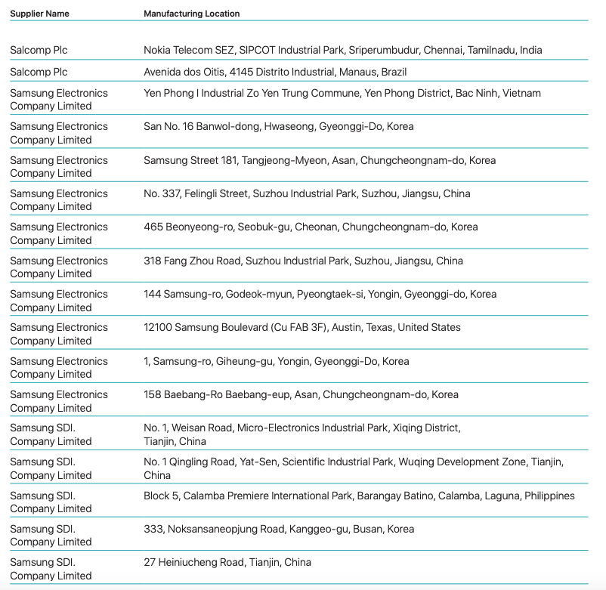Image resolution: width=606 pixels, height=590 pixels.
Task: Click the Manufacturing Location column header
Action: pos(191,14)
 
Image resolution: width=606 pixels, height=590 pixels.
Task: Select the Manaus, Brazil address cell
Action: pos(275,72)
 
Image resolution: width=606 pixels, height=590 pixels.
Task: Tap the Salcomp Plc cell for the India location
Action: pos(39,50)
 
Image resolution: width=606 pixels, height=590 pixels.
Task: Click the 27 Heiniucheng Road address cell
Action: pos(227,562)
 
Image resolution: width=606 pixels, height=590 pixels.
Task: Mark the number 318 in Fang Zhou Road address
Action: pos(153,261)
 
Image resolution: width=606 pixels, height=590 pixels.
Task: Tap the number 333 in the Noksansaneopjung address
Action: pos(153,529)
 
